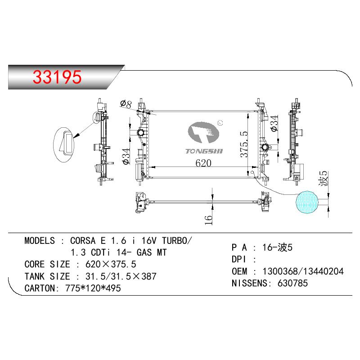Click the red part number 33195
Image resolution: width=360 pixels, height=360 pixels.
(57, 76)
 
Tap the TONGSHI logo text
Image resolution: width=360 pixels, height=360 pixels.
(204, 151)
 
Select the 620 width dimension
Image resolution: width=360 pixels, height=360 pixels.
(203, 163)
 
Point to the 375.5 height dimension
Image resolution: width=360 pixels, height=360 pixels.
(244, 144)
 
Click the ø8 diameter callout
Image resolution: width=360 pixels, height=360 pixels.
(126, 104)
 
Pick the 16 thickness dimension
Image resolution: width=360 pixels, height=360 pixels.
(208, 220)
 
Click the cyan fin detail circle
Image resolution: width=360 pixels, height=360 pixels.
(307, 202)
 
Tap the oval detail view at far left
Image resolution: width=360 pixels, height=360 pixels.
(64, 144)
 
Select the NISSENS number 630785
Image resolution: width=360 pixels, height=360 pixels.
(292, 283)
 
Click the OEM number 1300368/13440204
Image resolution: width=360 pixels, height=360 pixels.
(303, 271)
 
